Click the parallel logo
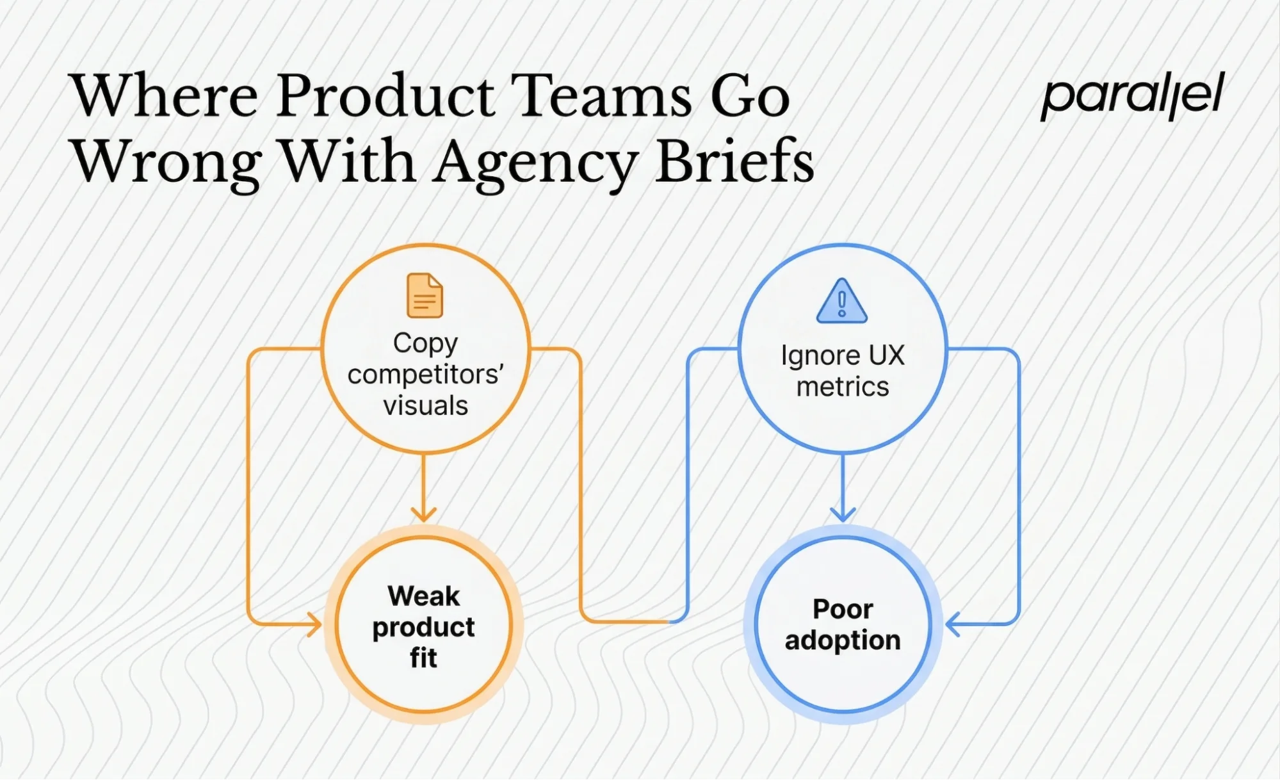click(x=1132, y=96)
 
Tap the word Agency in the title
click(x=535, y=163)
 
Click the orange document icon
click(x=425, y=295)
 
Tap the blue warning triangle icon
click(x=842, y=301)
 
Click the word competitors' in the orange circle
click(x=426, y=374)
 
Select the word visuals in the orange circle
click(x=426, y=405)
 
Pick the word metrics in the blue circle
click(x=843, y=387)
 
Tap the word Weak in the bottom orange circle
click(x=423, y=596)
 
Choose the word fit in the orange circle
click(x=423, y=658)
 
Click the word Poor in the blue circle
click(x=843, y=609)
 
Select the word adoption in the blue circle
click(x=843, y=640)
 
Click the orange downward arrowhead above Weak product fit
click(x=423, y=514)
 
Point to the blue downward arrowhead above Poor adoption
click(x=843, y=514)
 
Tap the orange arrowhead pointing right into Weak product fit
click(x=314, y=624)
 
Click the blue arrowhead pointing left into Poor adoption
click(x=953, y=624)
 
